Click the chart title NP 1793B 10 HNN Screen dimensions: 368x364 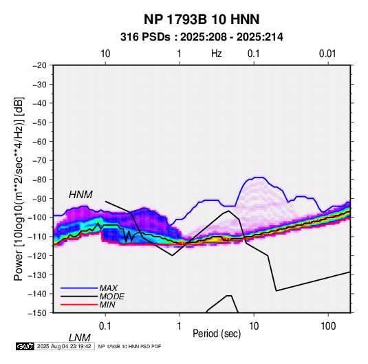tap(202, 19)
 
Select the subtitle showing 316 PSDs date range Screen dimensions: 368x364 tap(202, 37)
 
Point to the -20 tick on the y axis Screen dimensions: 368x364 tap(39, 65)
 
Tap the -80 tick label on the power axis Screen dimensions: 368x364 tap(39, 180)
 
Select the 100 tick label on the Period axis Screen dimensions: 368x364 tap(328, 326)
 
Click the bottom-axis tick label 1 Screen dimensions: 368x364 tap(180, 326)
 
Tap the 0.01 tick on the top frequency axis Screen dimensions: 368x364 tap(327, 54)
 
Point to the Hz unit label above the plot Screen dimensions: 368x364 tap(217, 54)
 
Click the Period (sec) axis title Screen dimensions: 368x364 tap(217, 334)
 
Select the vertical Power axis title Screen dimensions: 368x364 tap(19, 189)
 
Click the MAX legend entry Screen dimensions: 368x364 tap(108, 288)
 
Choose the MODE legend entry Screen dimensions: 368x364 tap(111, 297)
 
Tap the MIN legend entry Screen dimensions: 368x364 tap(107, 305)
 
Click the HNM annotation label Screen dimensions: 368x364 tap(80, 195)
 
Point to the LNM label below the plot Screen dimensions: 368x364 tap(79, 338)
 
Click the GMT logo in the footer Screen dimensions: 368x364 tap(25, 346)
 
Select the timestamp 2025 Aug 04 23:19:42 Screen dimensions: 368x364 tap(64, 346)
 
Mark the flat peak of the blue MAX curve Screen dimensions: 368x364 tap(259, 178)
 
